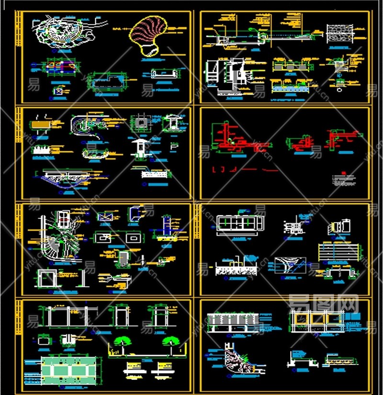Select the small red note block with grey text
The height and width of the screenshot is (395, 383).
pyautogui.click(x=344, y=179)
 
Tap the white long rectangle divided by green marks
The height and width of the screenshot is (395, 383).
pyautogui.click(x=240, y=223)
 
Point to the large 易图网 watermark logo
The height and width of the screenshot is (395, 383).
pyautogui.click(x=324, y=303)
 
